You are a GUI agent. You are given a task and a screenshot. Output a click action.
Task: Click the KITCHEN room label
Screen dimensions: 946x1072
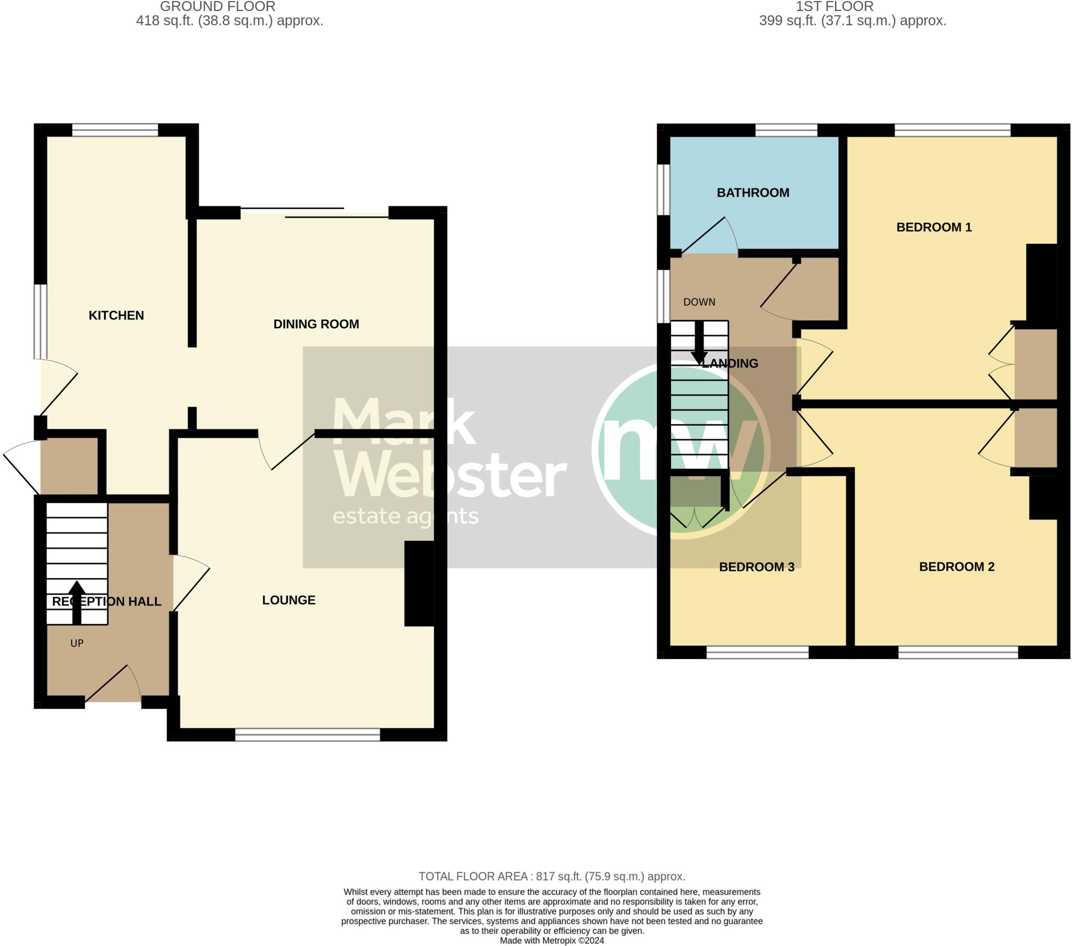pyautogui.click(x=116, y=315)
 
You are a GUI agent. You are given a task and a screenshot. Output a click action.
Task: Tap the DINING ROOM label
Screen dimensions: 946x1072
pyautogui.click(x=316, y=324)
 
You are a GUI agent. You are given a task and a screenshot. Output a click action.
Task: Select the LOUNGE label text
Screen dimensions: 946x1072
pyautogui.click(x=288, y=600)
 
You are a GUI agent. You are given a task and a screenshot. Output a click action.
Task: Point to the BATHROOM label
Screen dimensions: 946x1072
pyautogui.click(x=753, y=193)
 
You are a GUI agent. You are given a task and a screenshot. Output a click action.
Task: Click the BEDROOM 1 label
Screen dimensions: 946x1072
pyautogui.click(x=933, y=227)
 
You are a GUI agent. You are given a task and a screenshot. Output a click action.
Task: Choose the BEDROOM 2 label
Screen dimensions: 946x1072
pyautogui.click(x=957, y=566)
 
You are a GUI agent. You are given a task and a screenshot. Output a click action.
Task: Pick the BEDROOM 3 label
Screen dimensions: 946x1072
pyautogui.click(x=756, y=566)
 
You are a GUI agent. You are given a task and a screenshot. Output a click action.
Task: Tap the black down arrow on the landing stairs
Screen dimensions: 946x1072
pyautogui.click(x=699, y=343)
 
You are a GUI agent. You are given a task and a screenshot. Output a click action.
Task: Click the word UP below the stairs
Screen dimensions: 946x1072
pyautogui.click(x=76, y=643)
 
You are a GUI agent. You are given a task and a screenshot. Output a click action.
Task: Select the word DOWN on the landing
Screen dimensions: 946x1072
pyautogui.click(x=699, y=302)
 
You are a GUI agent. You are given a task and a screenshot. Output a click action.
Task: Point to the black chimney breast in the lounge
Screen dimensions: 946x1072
pyautogui.click(x=419, y=583)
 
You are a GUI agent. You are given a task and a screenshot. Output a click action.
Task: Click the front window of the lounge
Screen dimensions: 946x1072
pyautogui.click(x=307, y=734)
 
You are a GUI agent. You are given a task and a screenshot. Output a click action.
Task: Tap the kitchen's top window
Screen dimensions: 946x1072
pyautogui.click(x=115, y=130)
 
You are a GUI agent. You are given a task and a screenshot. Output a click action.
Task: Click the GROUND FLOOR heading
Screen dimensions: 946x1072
pyautogui.click(x=217, y=7)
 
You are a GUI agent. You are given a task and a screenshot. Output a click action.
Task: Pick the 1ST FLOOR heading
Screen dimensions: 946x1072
pyautogui.click(x=834, y=7)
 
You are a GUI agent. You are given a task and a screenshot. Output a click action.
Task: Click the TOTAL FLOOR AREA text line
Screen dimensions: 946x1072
pyautogui.click(x=551, y=876)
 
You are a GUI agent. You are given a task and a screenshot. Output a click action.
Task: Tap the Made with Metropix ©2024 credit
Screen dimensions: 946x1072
pyautogui.click(x=552, y=941)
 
